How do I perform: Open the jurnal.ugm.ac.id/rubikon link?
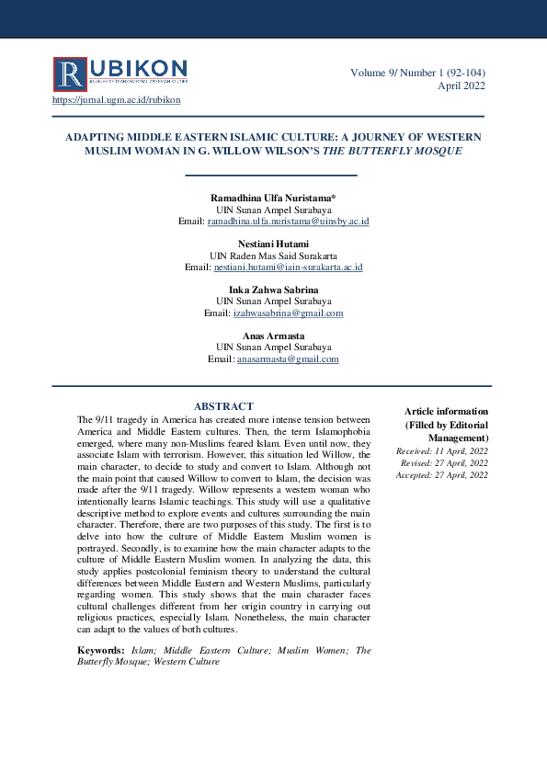[x=117, y=100]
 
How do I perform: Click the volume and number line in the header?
[x=417, y=73]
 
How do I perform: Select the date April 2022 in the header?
[x=461, y=85]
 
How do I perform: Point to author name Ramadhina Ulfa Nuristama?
[x=272, y=198]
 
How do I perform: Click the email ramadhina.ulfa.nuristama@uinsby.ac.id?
[x=289, y=222]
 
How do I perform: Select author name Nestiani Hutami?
[x=273, y=243]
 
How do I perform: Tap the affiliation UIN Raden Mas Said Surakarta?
[x=273, y=255]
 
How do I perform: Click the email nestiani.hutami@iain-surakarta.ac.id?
[x=289, y=267]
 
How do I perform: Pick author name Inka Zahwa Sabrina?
[x=273, y=289]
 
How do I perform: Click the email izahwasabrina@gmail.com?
[x=288, y=313]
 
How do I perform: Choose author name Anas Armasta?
[x=273, y=335]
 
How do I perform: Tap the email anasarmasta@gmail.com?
[x=288, y=359]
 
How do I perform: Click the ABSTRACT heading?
[x=223, y=406]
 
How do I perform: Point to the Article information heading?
[x=447, y=411]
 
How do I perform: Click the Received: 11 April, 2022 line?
[x=442, y=451]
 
